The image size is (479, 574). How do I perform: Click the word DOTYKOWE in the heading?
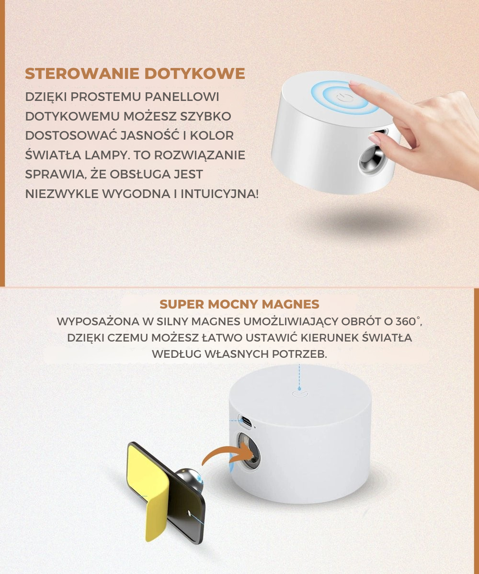(194, 74)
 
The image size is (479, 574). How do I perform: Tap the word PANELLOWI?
(182, 97)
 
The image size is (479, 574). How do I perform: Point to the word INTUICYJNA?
(220, 194)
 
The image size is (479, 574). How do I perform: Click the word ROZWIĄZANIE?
(200, 155)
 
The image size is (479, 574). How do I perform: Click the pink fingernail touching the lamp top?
(355, 83)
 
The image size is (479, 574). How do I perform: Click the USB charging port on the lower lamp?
(246, 421)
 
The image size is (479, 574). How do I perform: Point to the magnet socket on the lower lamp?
(248, 453)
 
